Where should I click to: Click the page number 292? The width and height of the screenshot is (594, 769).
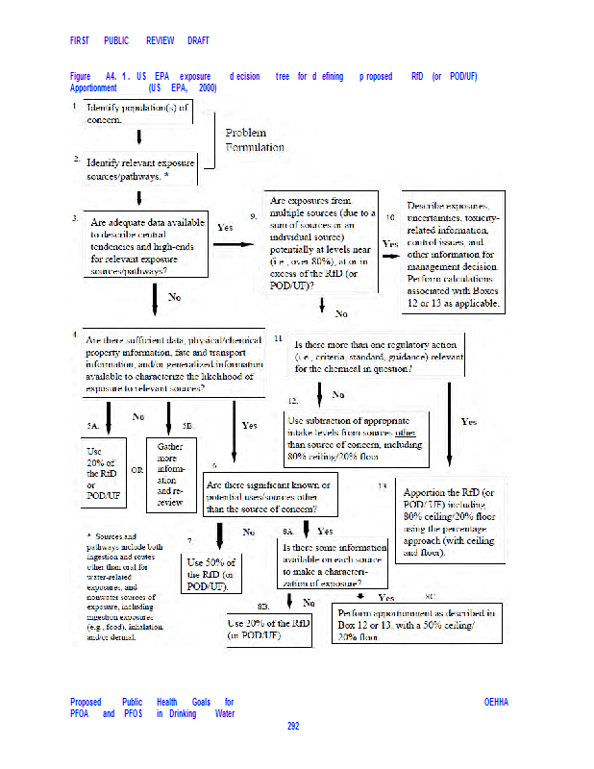(x=293, y=726)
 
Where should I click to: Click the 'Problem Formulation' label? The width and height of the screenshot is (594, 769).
(x=254, y=139)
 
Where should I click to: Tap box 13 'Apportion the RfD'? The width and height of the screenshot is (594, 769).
(x=450, y=521)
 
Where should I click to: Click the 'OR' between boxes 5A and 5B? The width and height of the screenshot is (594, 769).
(x=136, y=471)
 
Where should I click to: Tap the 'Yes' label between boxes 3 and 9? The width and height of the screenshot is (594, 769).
(x=226, y=228)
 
